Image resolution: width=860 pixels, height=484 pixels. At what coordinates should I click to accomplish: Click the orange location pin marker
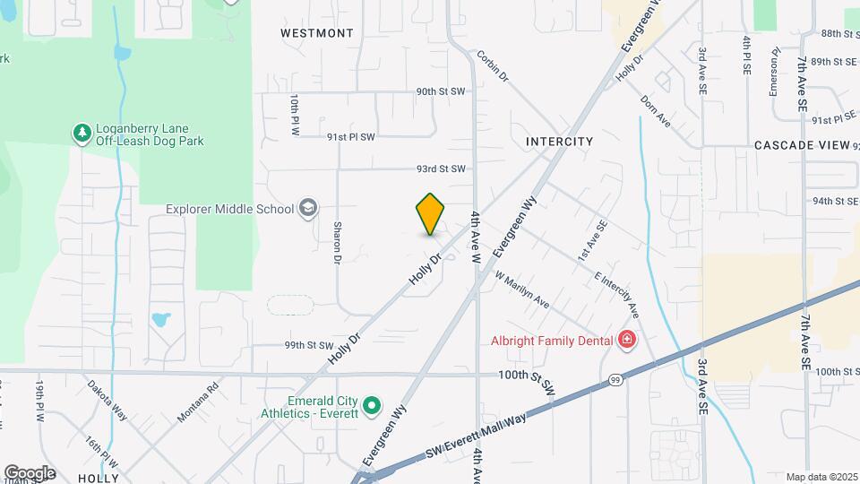431,213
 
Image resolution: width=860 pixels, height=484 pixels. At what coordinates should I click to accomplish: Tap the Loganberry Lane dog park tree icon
82,133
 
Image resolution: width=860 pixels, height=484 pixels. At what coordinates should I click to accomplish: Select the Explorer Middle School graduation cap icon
308,209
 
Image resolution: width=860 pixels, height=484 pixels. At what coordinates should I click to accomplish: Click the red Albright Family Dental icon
627,340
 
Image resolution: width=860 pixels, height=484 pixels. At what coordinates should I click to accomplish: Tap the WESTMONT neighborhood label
316,33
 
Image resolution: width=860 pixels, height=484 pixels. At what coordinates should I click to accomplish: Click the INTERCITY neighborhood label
560,142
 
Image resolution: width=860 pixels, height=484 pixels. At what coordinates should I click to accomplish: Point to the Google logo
30,472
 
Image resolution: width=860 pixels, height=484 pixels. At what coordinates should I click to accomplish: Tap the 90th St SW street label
441,91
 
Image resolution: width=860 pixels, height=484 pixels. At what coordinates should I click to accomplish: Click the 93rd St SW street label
441,169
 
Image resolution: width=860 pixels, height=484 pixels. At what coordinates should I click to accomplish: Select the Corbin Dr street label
493,65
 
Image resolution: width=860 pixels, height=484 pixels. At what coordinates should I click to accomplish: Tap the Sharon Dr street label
338,243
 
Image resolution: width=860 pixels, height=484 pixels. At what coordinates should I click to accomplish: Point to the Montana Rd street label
198,402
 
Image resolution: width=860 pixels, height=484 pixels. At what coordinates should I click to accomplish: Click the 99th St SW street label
308,345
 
